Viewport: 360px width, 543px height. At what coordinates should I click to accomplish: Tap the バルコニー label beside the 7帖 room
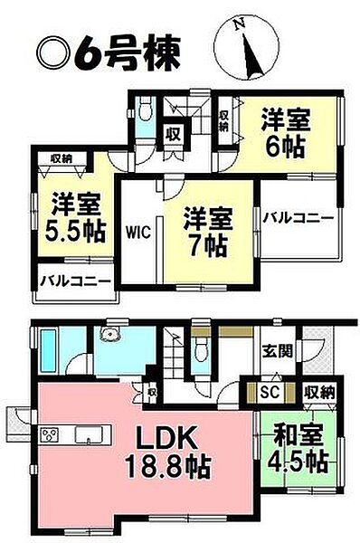(298, 219)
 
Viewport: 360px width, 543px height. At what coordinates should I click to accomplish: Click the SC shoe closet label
(268, 392)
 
